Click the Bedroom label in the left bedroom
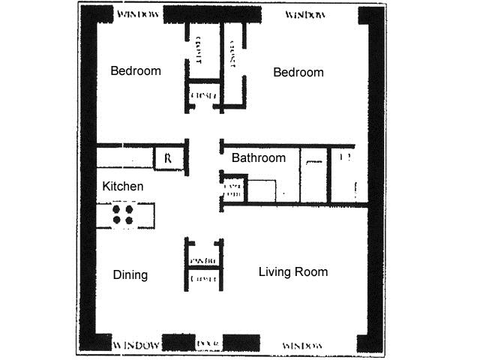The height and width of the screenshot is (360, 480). (x=136, y=71)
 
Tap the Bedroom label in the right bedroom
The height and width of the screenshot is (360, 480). (x=298, y=72)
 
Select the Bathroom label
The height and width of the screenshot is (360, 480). (x=258, y=158)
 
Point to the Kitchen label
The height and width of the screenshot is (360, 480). (x=123, y=186)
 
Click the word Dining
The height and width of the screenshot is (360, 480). (x=130, y=274)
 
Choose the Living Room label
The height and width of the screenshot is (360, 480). (x=293, y=271)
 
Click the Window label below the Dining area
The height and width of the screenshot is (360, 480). (x=136, y=345)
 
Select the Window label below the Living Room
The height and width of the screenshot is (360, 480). (x=302, y=345)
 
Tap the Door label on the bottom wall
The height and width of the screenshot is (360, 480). (x=206, y=343)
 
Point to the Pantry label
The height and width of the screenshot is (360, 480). (x=204, y=260)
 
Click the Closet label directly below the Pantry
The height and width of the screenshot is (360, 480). (x=204, y=279)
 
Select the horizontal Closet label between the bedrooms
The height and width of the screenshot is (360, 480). (x=204, y=95)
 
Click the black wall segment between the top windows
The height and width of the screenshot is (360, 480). (x=212, y=14)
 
